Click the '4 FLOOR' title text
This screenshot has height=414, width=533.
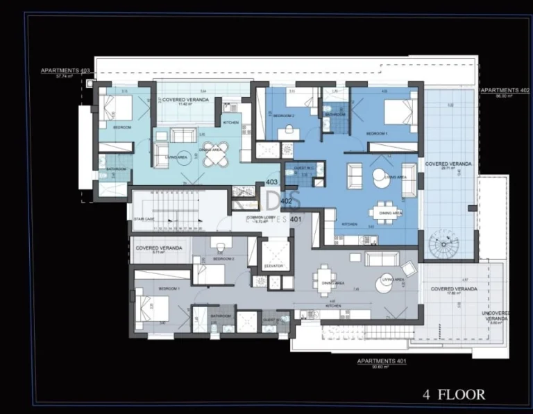[454, 395]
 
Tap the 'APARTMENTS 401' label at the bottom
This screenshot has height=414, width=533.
[381, 361]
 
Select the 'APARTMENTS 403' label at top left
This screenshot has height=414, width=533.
[65, 71]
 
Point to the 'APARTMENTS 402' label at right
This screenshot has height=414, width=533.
[499, 90]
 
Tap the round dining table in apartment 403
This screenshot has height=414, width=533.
[214, 158]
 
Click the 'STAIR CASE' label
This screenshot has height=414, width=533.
[144, 219]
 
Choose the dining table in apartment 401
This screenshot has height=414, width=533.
[324, 279]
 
